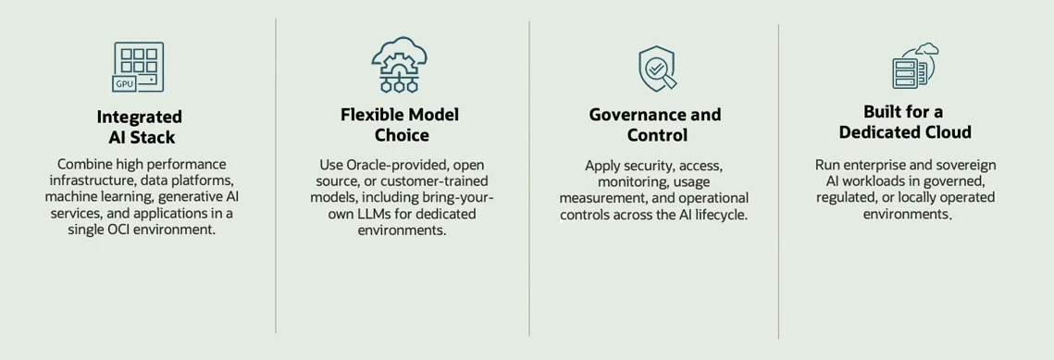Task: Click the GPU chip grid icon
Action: (x=138, y=68)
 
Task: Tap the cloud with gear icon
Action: (x=399, y=65)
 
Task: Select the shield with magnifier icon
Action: (x=657, y=68)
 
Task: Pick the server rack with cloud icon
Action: (x=915, y=66)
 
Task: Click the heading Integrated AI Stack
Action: (x=140, y=127)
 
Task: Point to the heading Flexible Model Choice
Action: (x=400, y=125)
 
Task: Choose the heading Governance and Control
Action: (x=655, y=125)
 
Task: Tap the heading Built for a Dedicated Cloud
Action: (x=905, y=121)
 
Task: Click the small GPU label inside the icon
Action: (x=124, y=84)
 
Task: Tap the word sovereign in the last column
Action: (x=952, y=166)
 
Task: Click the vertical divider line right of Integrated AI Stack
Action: (x=276, y=175)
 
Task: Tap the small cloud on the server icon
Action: (x=927, y=48)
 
